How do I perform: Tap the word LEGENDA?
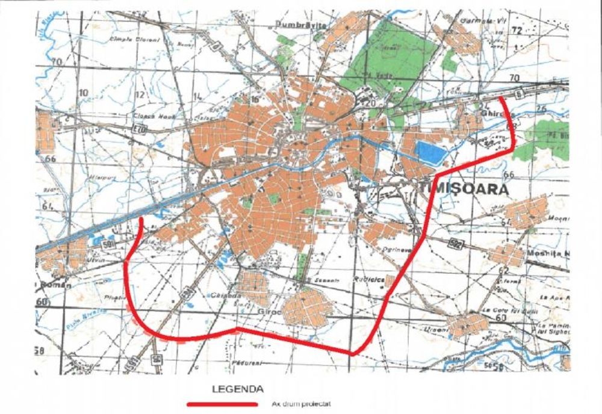237,389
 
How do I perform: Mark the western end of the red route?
140,219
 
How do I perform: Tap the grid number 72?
515,30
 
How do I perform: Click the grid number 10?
82,93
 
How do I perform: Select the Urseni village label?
432,329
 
